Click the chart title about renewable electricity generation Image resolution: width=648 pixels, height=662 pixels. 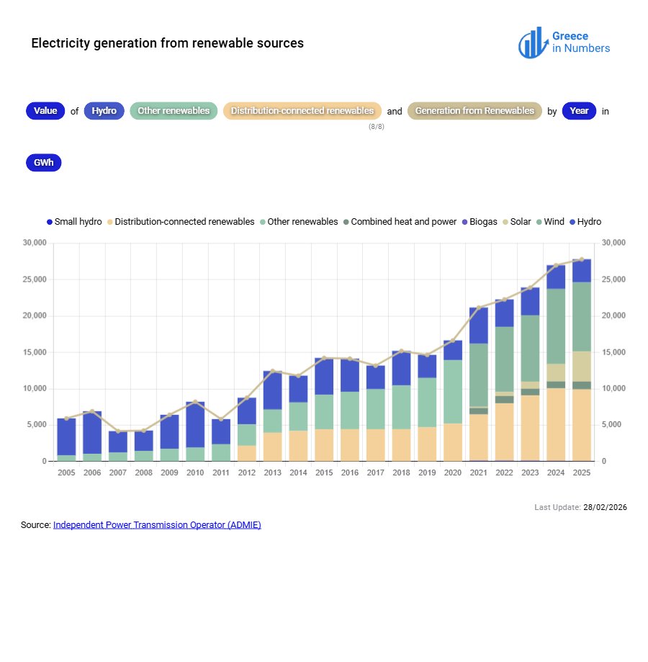click(x=167, y=43)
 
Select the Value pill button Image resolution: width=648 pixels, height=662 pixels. click(x=45, y=111)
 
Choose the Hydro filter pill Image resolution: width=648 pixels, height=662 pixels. click(x=104, y=111)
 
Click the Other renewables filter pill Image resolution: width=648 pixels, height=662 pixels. click(x=174, y=111)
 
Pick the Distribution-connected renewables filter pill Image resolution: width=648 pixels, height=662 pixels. click(x=302, y=111)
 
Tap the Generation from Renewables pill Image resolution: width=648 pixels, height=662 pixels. click(x=474, y=111)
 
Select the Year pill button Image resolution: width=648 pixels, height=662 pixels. click(x=579, y=111)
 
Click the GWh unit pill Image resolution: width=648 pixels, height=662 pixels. click(x=43, y=163)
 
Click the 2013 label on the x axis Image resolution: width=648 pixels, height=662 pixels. click(x=272, y=473)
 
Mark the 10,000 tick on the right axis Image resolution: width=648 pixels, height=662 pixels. click(x=613, y=389)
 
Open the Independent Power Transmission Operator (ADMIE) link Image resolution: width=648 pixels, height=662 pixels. click(x=157, y=525)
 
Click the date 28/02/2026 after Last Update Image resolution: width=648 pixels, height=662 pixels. click(x=606, y=507)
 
